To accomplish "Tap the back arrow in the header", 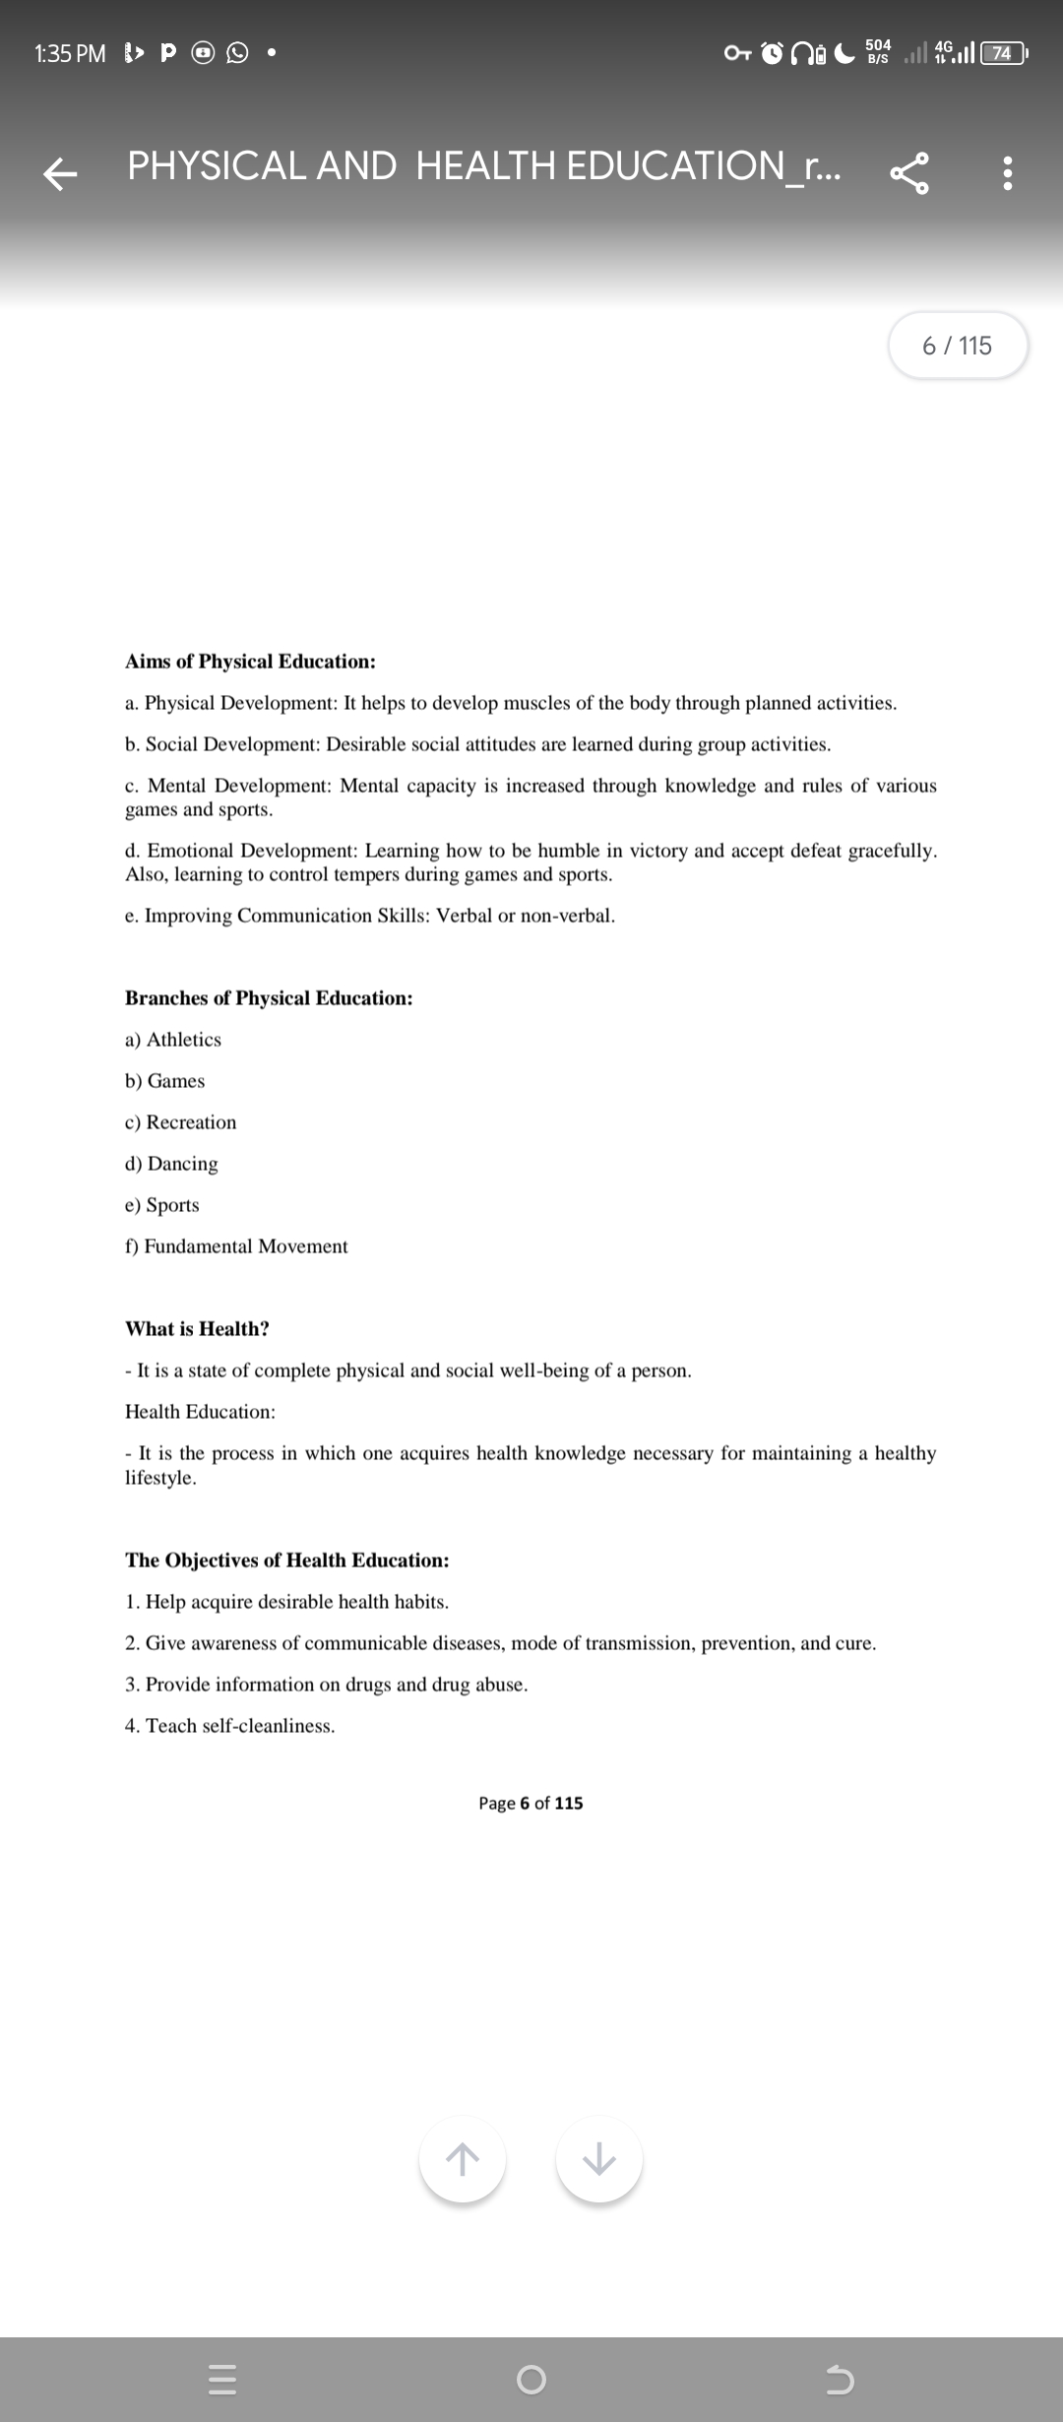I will click(60, 173).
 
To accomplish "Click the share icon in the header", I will click(909, 173).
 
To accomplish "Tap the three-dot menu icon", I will click(1006, 173).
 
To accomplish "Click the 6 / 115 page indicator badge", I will click(958, 346).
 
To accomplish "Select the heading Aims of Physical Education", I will click(250, 662).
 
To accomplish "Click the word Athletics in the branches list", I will click(184, 1040).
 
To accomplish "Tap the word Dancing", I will click(182, 1164).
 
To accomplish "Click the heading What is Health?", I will click(197, 1329).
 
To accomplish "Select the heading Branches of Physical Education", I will click(269, 998).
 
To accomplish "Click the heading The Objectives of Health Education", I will click(286, 1561).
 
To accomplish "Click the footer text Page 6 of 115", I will click(531, 1803).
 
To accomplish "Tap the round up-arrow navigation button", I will click(463, 2159).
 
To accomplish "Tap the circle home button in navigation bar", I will click(531, 2380).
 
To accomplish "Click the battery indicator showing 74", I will click(1002, 53).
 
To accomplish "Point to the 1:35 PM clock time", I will click(70, 53).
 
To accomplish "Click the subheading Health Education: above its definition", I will click(200, 1412).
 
